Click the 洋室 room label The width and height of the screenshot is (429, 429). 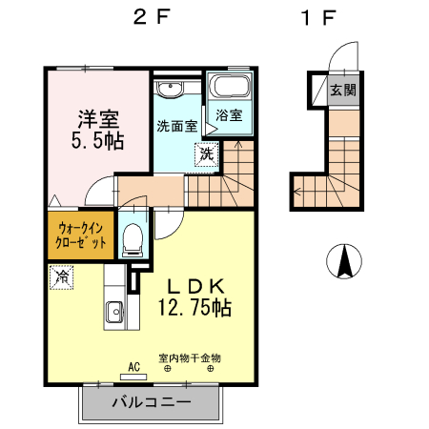click(x=97, y=120)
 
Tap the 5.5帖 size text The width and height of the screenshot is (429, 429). click(x=97, y=141)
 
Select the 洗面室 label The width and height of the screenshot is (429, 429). click(x=176, y=125)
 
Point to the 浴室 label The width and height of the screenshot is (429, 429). click(x=229, y=115)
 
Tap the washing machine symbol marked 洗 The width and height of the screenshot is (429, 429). click(x=207, y=151)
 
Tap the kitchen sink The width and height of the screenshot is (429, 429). click(x=113, y=311)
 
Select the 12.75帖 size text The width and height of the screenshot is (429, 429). click(x=195, y=308)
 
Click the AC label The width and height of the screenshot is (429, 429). click(x=133, y=366)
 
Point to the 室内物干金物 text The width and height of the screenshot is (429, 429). click(x=190, y=357)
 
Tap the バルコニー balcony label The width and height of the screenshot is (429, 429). click(x=152, y=401)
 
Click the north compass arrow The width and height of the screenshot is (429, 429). click(x=342, y=261)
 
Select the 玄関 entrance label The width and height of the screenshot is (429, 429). click(x=343, y=91)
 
